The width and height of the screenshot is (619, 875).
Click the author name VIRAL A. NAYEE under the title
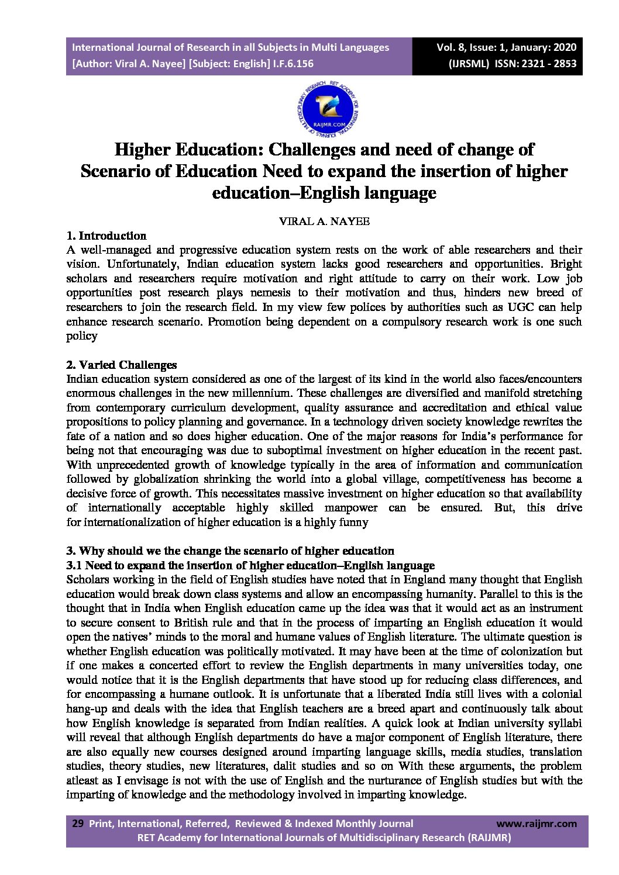point(324,222)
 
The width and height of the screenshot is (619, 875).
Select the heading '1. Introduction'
point(106,236)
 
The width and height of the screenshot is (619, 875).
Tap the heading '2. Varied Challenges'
point(122,365)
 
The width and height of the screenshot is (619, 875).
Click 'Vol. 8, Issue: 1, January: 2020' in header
point(506,47)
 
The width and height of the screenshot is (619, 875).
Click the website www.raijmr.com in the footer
point(536,824)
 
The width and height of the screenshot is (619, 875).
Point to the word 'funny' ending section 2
point(353,522)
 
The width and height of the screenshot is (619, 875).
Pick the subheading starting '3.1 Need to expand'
point(250,565)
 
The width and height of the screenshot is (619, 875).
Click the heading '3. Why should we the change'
point(230,551)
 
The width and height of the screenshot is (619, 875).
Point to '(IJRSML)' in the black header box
point(469,64)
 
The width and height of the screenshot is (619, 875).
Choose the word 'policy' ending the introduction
point(82,336)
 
